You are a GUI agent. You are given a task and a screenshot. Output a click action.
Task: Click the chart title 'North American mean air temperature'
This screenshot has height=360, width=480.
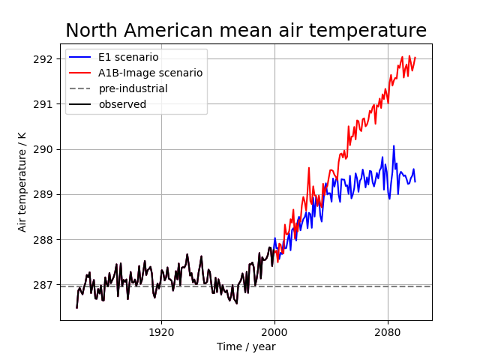pyautogui.click(x=246, y=31)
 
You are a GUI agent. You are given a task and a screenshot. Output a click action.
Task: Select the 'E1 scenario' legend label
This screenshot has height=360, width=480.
pyautogui.click(x=128, y=57)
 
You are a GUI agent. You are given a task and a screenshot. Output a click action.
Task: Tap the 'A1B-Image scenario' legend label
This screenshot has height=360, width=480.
pyautogui.click(x=150, y=73)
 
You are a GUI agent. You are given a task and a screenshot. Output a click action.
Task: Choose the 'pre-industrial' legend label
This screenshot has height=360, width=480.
pyautogui.click(x=133, y=88)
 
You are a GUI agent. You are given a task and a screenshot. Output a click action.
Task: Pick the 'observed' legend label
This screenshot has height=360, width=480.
pyautogui.click(x=122, y=104)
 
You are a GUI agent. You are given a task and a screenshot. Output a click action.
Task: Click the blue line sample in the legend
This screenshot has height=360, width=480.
pyautogui.click(x=81, y=57)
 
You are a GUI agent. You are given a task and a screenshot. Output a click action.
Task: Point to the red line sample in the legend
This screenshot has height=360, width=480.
pyautogui.click(x=81, y=73)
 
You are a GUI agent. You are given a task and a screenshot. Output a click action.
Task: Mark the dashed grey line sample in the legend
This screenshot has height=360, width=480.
pyautogui.click(x=81, y=88)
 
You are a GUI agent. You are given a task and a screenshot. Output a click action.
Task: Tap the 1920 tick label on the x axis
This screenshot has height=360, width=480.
pyautogui.click(x=161, y=331)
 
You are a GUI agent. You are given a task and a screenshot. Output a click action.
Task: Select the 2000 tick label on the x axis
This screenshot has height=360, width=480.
pyautogui.click(x=274, y=331)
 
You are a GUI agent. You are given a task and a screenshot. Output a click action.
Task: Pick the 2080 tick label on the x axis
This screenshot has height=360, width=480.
pyautogui.click(x=388, y=331)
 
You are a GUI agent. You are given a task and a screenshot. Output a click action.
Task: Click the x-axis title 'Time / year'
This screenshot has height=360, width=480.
pyautogui.click(x=246, y=346)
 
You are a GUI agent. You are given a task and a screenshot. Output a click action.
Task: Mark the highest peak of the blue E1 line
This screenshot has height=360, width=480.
pyautogui.click(x=394, y=146)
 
